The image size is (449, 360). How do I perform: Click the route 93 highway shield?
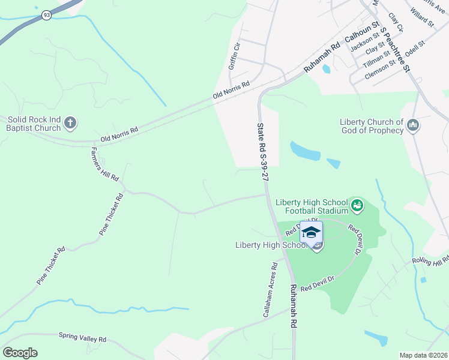[x=46, y=15]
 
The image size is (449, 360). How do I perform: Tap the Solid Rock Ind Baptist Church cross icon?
[x=70, y=124]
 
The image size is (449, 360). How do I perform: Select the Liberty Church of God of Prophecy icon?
[x=412, y=126]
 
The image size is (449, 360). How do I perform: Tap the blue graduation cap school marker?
[x=311, y=233]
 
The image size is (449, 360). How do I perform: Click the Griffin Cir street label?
[x=234, y=55]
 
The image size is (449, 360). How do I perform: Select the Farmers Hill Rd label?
[x=104, y=164]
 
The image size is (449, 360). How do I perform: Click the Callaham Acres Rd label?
[x=268, y=289]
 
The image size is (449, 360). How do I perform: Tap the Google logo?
[x=20, y=353]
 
